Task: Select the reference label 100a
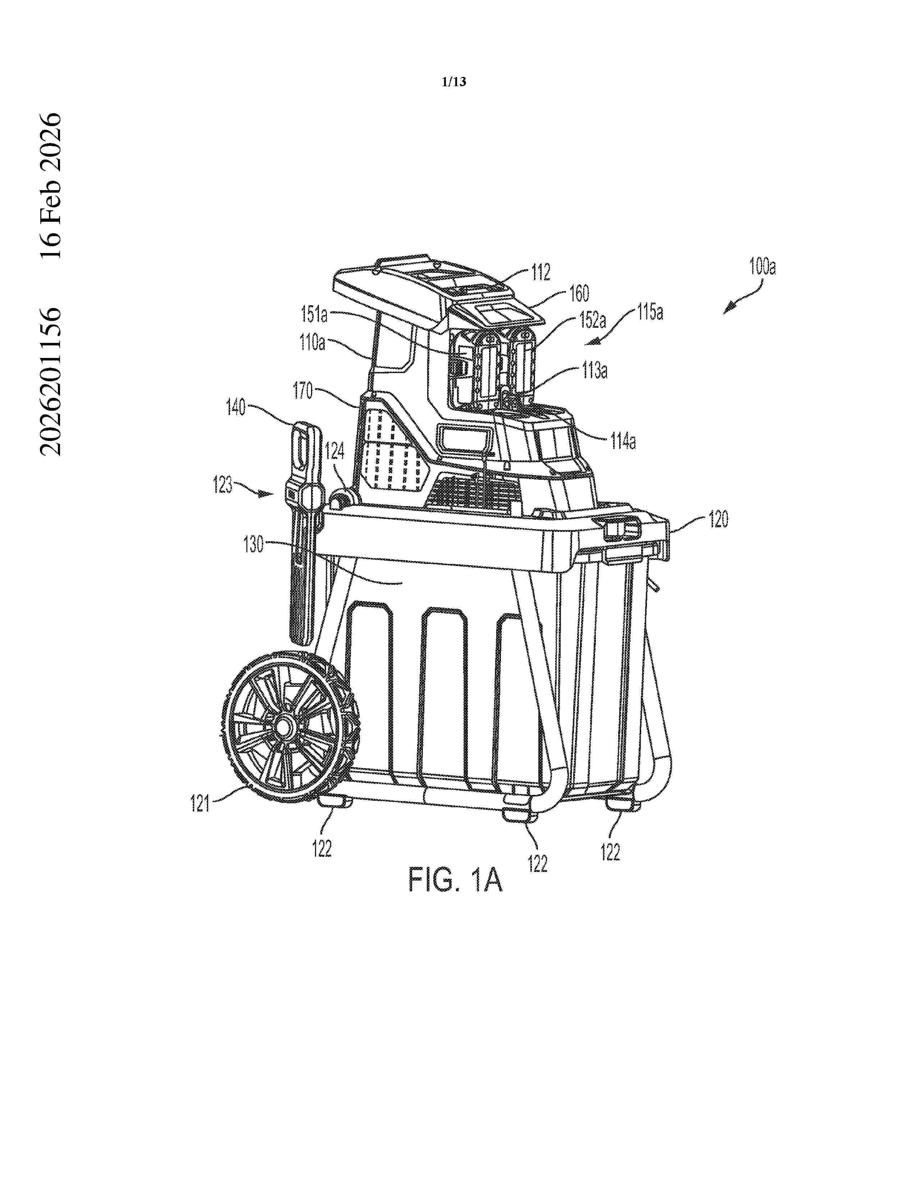762,267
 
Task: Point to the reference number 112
540,272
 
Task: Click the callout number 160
579,294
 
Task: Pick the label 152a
592,320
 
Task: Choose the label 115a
650,312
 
